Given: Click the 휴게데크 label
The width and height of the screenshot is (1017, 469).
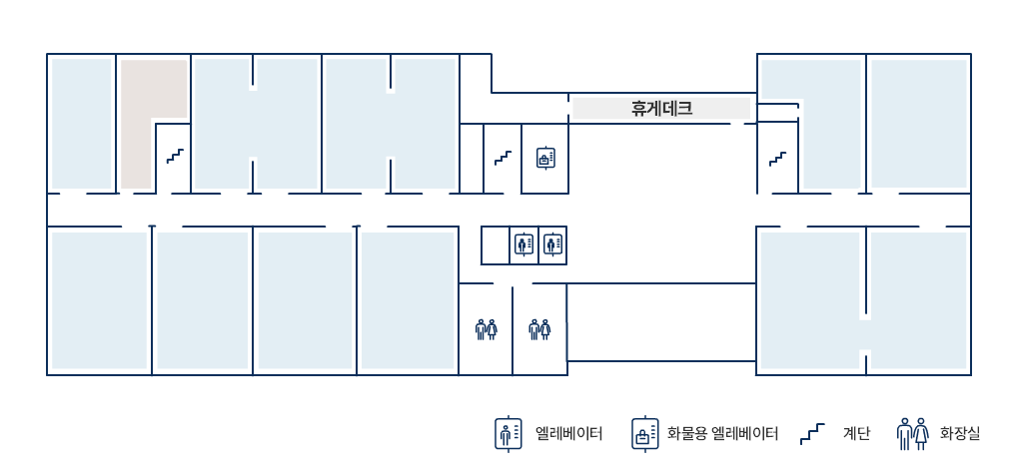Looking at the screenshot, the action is point(661,108).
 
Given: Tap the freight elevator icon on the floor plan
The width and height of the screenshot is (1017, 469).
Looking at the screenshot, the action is point(545,158).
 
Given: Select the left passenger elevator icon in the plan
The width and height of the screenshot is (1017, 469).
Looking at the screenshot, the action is point(523,244).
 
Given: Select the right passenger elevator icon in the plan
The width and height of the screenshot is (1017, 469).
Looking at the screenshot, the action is point(552,244).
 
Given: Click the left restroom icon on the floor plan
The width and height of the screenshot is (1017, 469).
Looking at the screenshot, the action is point(486,329).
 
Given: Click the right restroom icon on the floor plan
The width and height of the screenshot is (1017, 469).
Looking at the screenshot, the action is point(539,329).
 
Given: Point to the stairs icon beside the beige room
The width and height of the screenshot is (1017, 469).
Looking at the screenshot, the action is point(175,156).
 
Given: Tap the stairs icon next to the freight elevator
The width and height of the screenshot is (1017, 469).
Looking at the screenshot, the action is point(503,158).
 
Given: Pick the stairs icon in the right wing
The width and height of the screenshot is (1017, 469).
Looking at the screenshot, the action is point(777,159).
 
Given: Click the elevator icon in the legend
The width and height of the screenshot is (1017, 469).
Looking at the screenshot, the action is point(508,433).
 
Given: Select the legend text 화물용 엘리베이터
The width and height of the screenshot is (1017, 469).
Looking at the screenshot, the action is point(722,433).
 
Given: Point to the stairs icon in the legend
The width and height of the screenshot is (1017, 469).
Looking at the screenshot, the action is point(812,433).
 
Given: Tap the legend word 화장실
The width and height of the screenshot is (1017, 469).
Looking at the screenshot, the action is point(959,433).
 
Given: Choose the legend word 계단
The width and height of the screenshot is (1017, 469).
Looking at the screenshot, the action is point(856,433).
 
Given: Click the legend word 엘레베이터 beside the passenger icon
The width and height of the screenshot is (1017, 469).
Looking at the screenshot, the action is point(569,433).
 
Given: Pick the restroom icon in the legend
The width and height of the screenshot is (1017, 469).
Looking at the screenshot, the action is point(913,433).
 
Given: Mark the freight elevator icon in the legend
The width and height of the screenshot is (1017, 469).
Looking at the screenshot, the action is point(645,433).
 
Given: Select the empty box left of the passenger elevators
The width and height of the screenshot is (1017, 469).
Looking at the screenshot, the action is point(495,245).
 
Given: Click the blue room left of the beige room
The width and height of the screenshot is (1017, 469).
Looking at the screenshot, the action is point(82,123).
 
